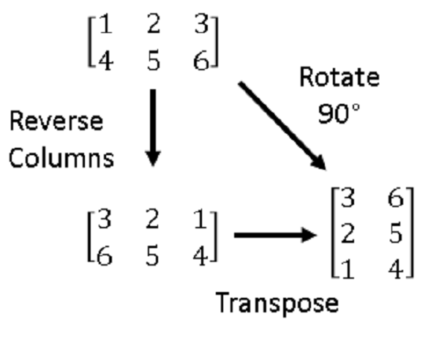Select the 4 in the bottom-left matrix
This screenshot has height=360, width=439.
coord(198,255)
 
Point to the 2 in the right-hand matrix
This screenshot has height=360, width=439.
coord(349,234)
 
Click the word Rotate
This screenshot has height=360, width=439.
coord(337,78)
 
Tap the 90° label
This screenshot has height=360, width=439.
coord(337,113)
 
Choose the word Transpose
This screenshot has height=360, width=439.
coord(277,302)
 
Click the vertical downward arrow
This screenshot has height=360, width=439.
coord(152,126)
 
